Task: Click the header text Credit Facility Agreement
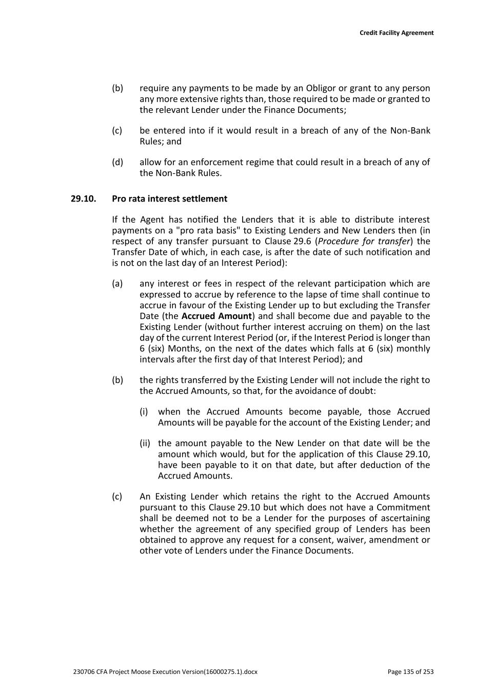pos(396,33)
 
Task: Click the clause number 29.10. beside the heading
pos(84,198)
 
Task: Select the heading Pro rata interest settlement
pos(169,198)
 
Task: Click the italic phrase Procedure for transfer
pos(364,241)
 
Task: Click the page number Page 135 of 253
pos(410,672)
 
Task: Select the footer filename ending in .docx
pos(165,672)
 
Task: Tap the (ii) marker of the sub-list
pos(145,443)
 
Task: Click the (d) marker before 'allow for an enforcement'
pos(117,162)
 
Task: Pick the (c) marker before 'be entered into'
pos(117,130)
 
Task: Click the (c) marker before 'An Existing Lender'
pos(117,496)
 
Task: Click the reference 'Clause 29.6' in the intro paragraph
pos(288,241)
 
